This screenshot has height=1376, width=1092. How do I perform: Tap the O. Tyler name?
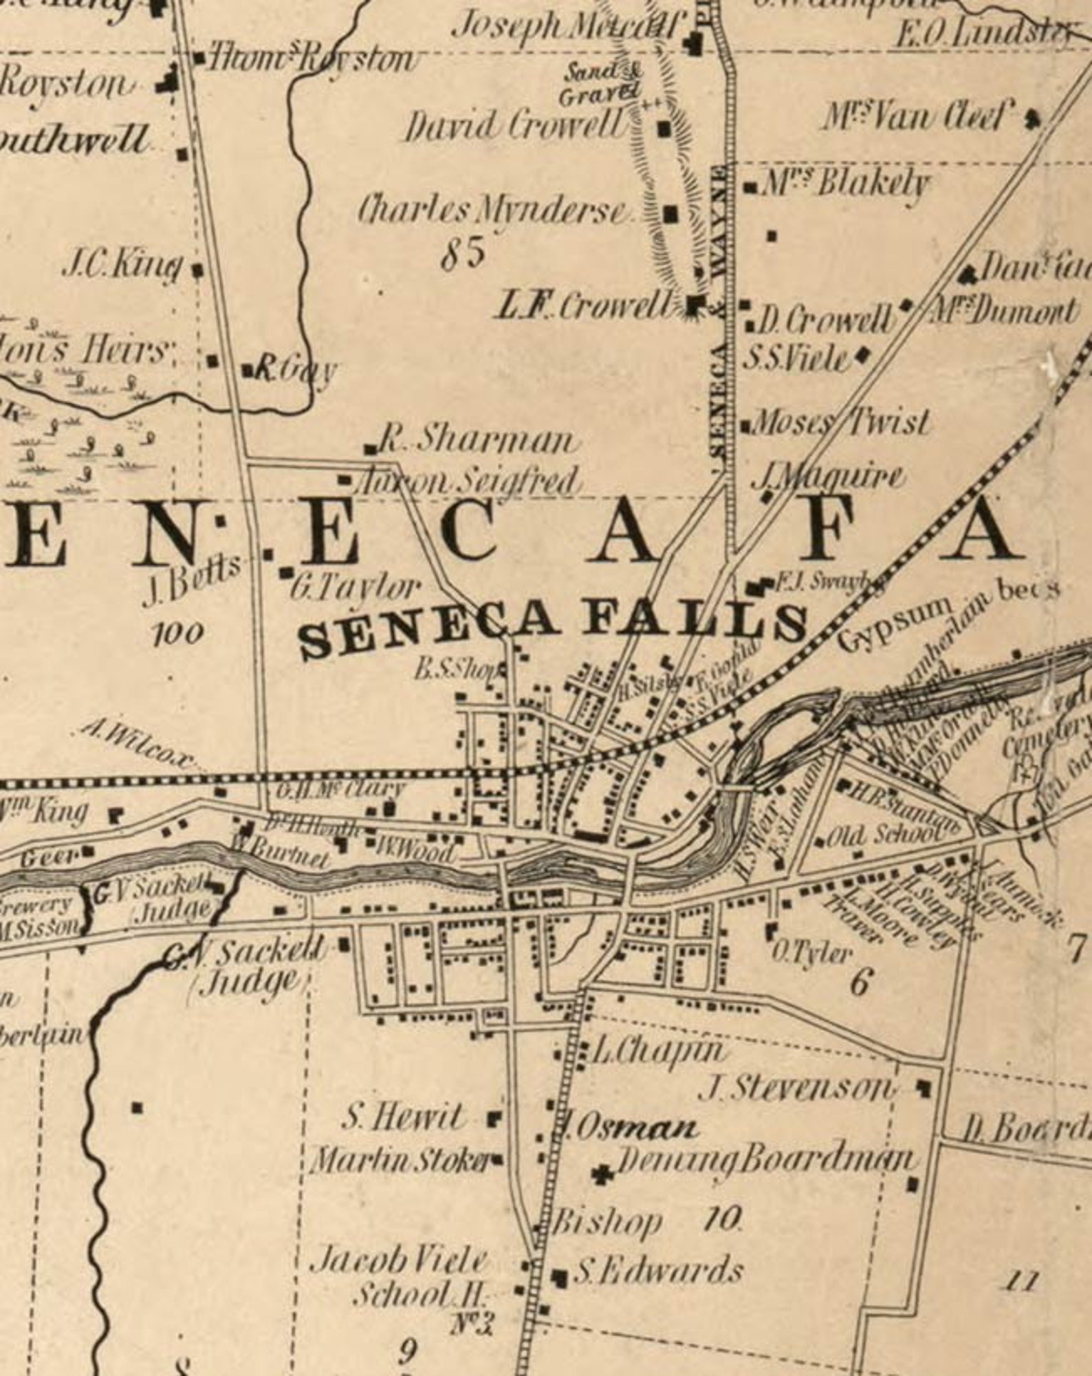[811, 954]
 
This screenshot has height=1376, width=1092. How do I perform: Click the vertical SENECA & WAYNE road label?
[719, 310]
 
